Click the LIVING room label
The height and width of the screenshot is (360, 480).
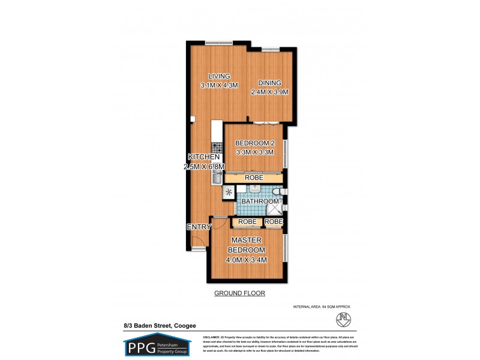220,76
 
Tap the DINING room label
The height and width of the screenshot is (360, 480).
270,83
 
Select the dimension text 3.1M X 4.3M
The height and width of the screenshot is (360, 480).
220,85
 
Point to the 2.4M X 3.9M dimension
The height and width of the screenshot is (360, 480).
270,92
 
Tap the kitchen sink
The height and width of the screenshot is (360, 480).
217,176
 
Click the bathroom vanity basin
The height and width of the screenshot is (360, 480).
254,190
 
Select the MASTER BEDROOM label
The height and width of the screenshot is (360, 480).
247,245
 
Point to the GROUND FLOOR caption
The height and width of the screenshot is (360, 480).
239,293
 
